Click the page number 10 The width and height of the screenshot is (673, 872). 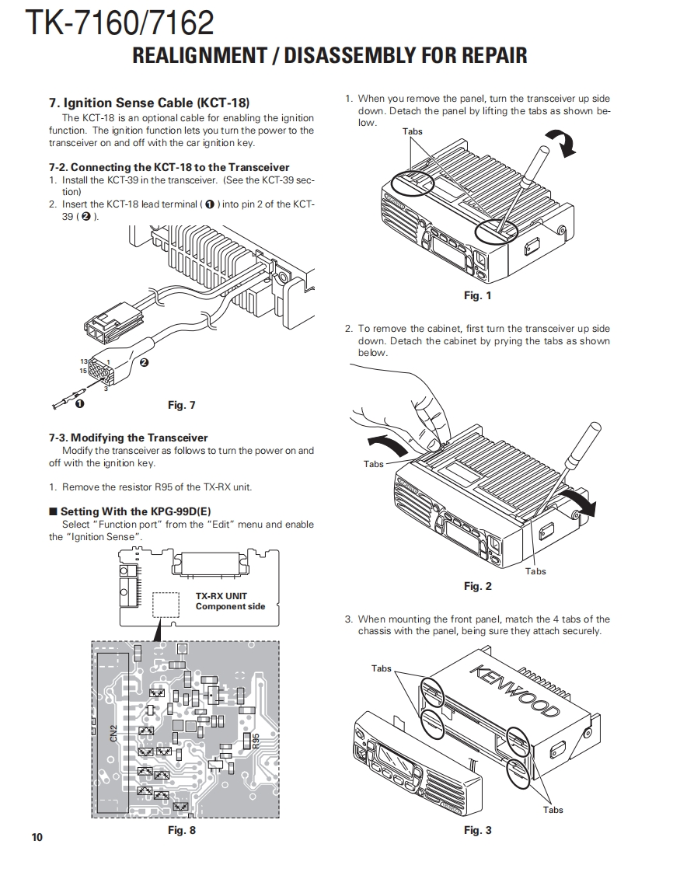click(37, 836)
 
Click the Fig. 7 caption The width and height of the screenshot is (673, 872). click(182, 405)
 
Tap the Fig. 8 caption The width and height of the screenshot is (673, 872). click(182, 831)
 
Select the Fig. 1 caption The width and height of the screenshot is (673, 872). click(477, 295)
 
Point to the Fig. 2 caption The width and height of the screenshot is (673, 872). click(477, 586)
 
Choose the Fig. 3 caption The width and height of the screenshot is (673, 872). click(477, 831)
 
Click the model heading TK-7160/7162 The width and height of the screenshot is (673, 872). click(120, 23)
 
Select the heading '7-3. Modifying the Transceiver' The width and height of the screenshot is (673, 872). click(128, 438)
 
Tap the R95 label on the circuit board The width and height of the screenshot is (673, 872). click(256, 740)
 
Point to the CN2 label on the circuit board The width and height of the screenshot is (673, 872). click(113, 733)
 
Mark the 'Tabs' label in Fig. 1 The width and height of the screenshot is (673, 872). click(413, 131)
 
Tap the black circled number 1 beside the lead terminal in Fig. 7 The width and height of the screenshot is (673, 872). click(78, 403)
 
